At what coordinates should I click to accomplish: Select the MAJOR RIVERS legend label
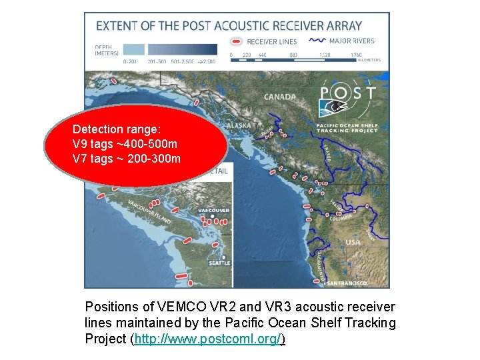[x=352, y=41]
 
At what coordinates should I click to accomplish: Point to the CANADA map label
[x=280, y=97]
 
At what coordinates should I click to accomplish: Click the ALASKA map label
[x=239, y=125]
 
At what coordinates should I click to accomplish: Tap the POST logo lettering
[x=348, y=93]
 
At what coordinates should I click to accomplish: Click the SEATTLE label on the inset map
[x=220, y=263]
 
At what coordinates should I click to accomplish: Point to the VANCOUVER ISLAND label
[x=149, y=212]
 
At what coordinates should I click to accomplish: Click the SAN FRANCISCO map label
[x=346, y=283]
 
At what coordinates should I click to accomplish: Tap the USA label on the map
[x=353, y=242]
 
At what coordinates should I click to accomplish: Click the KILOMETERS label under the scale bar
[x=369, y=61]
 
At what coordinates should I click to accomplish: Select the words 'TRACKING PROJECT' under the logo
[x=348, y=131]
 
